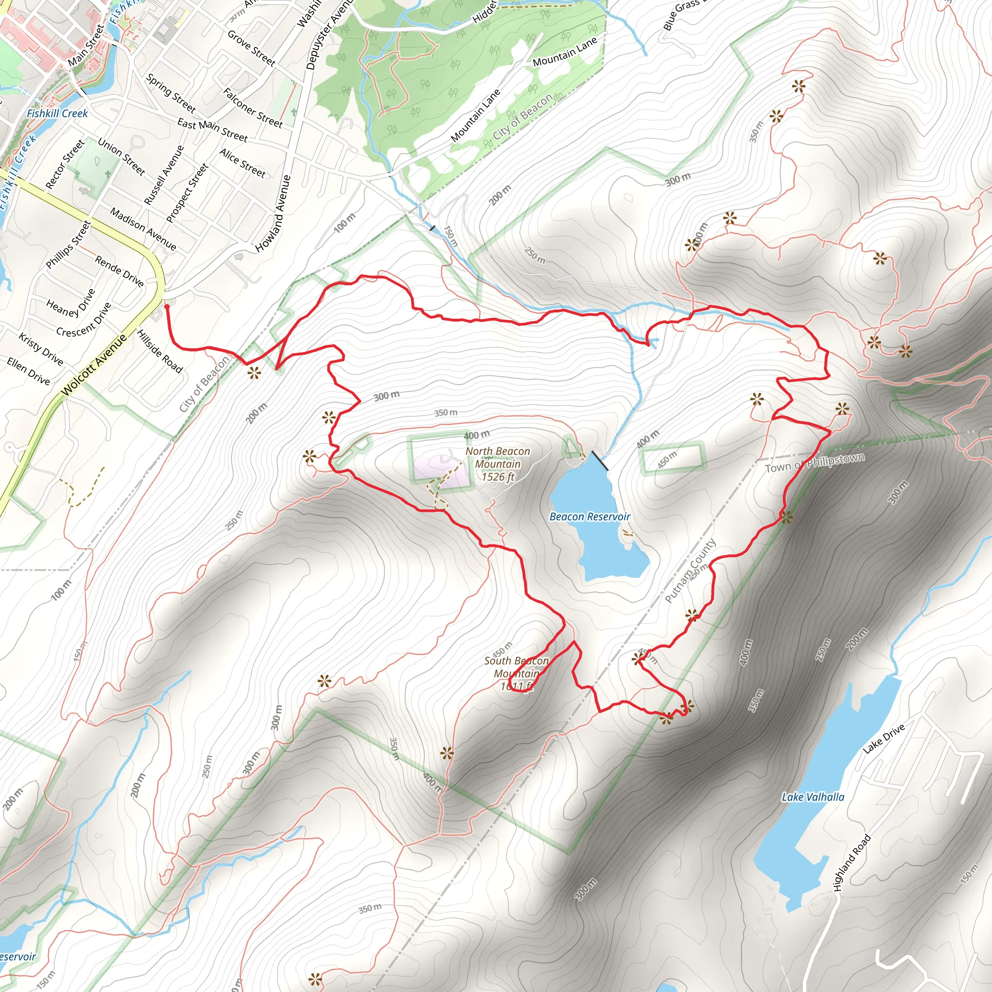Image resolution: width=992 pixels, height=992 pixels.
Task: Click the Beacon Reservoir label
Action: point(589,516)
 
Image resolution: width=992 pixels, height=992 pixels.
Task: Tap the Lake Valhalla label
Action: point(813,797)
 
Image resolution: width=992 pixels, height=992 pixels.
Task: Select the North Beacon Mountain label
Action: point(497,464)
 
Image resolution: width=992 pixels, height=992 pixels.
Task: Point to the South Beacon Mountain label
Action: point(516,673)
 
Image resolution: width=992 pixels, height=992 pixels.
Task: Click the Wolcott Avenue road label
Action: point(94,365)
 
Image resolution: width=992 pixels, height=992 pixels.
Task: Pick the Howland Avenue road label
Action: point(273,214)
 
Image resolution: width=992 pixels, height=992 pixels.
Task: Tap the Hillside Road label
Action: point(160,351)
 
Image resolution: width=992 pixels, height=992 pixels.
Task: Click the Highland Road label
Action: point(852,863)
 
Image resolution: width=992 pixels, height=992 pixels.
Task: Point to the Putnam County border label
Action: point(690,571)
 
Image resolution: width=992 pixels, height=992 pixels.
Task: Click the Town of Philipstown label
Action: point(814,463)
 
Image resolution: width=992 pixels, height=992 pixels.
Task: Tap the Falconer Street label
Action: point(253,108)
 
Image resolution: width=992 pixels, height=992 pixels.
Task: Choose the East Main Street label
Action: point(212,130)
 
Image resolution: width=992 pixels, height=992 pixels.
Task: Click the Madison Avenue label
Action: point(143,230)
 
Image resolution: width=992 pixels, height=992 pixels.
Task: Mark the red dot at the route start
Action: point(167,307)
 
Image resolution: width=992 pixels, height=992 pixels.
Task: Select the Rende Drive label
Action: point(119,271)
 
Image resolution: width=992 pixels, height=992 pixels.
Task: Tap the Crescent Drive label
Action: point(84,320)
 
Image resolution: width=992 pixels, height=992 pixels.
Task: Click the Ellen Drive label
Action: point(28,372)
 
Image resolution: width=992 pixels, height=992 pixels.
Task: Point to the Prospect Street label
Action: point(187,193)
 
